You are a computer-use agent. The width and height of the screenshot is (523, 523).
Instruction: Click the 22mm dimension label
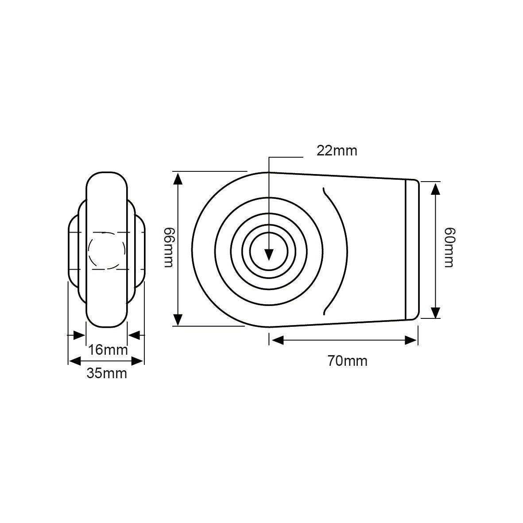pyautogui.click(x=337, y=151)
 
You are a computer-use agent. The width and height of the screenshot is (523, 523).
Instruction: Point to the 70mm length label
pyautogui.click(x=347, y=361)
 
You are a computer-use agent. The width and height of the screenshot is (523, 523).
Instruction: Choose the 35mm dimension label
pyautogui.click(x=106, y=373)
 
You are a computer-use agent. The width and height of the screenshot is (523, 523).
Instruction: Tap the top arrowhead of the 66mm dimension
pyautogui.click(x=178, y=178)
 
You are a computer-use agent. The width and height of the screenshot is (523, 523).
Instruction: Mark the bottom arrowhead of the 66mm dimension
pyautogui.click(x=178, y=319)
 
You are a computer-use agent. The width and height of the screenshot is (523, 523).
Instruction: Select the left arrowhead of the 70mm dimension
pyautogui.click(x=277, y=340)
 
